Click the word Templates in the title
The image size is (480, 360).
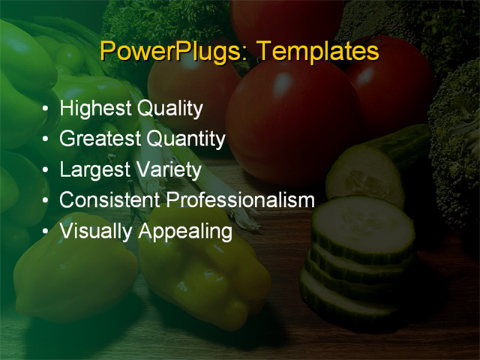click(x=316, y=52)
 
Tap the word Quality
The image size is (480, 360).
click(x=169, y=109)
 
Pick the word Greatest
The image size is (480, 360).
click(x=100, y=139)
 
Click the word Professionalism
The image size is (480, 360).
click(x=240, y=200)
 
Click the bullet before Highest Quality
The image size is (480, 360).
click(x=47, y=109)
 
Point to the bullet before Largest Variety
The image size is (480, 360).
click(x=47, y=170)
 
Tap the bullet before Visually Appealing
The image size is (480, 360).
click(x=47, y=231)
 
